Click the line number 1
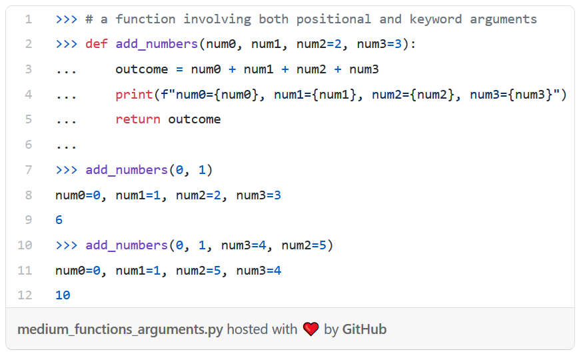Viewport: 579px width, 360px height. coord(28,19)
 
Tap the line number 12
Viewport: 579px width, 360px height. coord(25,295)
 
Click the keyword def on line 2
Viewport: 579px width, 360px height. coord(96,45)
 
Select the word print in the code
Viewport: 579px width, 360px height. coord(133,95)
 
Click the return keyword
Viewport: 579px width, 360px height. coord(137,120)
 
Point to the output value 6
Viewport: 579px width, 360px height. coord(59,220)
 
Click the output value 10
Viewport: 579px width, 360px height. coord(63,295)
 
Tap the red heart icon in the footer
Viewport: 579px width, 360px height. coord(311,329)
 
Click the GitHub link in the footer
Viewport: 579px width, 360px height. coord(364,329)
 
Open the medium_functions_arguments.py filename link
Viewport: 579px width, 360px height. coord(120,329)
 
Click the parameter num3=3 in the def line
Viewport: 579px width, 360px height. coord(378,45)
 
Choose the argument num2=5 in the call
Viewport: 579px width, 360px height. coord(303,245)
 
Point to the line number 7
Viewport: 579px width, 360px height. coord(28,170)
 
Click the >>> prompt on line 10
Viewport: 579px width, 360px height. coord(67,245)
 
